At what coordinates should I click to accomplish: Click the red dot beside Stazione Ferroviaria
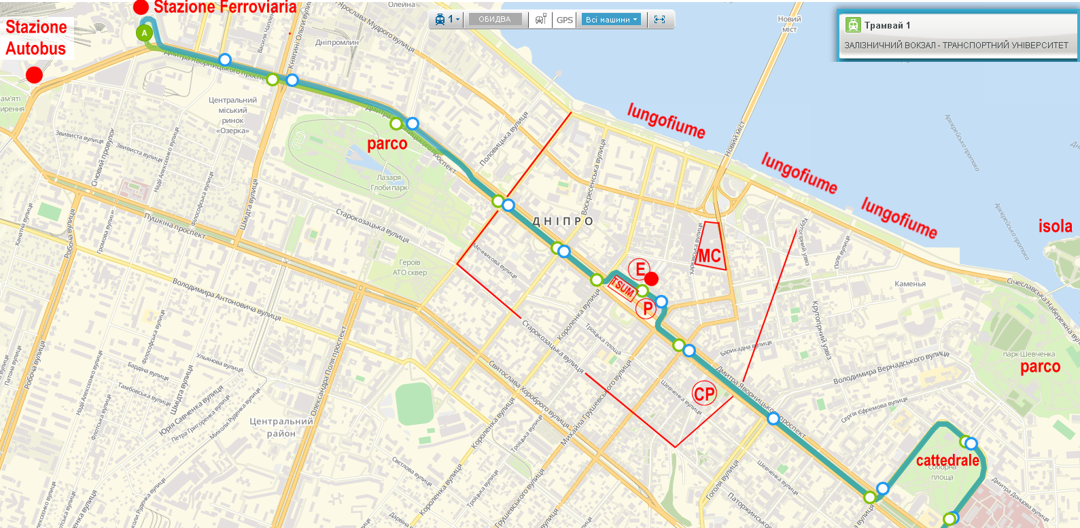coord(141,7)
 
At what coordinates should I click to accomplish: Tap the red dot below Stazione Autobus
coord(34,75)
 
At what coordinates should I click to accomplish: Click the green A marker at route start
coord(144,33)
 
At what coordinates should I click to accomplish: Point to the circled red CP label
coord(704,394)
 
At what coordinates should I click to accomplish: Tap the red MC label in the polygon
coord(709,256)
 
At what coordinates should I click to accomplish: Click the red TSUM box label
coord(622,288)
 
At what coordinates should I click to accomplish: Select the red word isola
coord(1055,226)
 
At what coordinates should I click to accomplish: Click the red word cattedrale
coord(947,461)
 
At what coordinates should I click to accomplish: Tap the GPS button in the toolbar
coord(564,20)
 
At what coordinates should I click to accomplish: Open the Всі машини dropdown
coord(611,20)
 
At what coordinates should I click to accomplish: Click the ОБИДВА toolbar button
coord(494,20)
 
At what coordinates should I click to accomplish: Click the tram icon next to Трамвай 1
coord(853,25)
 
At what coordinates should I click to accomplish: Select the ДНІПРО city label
coord(563,222)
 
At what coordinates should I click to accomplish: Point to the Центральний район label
coord(281,427)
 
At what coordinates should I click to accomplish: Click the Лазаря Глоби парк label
coord(389,182)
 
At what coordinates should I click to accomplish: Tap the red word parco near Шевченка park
coord(1040,367)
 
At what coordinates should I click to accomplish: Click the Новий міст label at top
coord(789,24)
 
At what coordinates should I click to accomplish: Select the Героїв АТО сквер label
coord(410,267)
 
